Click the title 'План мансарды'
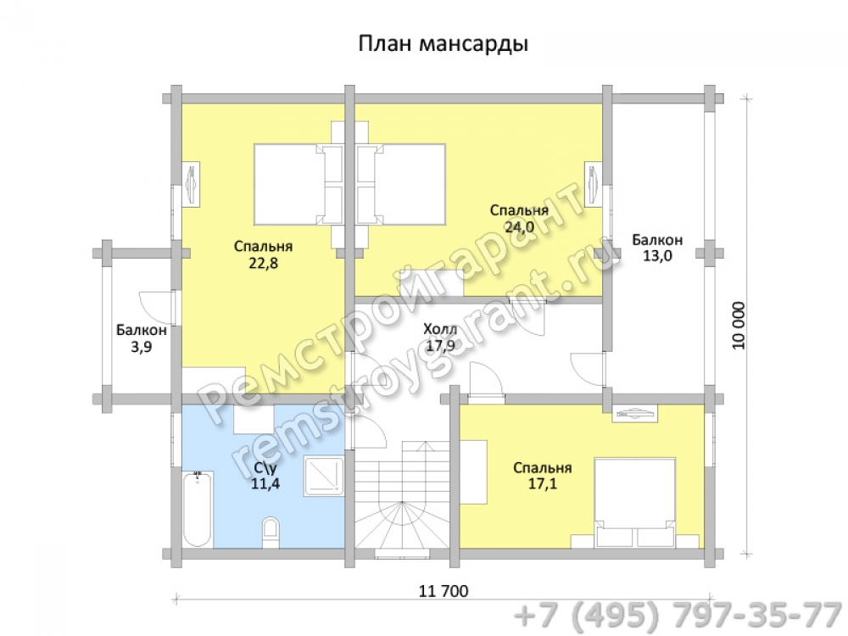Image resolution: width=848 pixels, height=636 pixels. point(443,43)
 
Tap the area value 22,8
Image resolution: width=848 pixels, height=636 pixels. point(264,264)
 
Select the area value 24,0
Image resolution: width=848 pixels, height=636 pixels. point(519,227)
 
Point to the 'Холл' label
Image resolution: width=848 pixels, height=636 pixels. point(440,329)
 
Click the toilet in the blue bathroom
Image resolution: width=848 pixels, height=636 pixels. point(270,531)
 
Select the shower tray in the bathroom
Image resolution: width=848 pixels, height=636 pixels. point(324,477)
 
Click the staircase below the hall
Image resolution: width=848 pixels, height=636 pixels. point(402,499)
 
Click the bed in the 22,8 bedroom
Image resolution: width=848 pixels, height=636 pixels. point(298,184)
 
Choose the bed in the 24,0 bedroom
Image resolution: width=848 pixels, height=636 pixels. point(401,184)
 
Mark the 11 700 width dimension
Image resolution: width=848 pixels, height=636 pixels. point(444,591)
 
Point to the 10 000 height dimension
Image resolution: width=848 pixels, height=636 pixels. point(739,326)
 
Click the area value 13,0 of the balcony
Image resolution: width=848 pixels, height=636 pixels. point(658,256)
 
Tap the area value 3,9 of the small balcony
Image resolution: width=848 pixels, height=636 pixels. point(142,347)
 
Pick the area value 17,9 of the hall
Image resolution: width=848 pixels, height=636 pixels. point(440,346)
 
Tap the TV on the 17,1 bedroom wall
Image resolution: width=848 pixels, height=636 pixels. point(635,415)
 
